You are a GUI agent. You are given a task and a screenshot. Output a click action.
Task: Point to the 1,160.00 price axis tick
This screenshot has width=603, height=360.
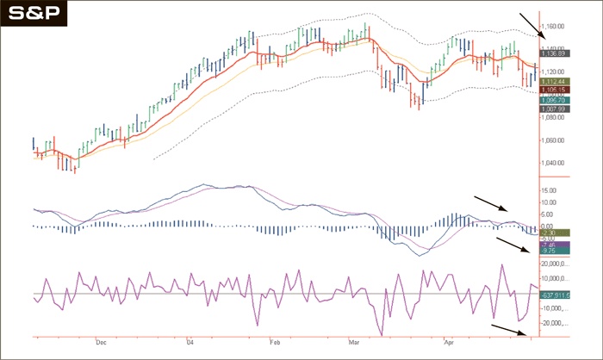[556, 28]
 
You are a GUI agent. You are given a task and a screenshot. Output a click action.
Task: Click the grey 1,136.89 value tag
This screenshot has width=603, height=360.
[553, 53]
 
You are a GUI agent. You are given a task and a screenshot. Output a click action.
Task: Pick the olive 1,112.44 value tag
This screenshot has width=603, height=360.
[553, 80]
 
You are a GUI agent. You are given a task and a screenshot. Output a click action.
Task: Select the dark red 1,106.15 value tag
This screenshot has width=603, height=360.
[553, 90]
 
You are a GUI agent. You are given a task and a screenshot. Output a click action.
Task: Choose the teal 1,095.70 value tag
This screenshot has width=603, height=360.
[553, 100]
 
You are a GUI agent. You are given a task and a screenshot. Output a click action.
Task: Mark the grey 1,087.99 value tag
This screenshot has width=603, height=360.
[553, 109]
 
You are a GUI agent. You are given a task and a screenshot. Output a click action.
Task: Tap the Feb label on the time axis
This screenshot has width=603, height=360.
[274, 341]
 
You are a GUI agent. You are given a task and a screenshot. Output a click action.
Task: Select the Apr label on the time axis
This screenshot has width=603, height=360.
[447, 341]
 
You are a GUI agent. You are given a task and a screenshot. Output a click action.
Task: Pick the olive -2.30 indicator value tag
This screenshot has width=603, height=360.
[548, 233]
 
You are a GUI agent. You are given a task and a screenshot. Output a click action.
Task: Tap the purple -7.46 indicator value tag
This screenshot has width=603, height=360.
[548, 245]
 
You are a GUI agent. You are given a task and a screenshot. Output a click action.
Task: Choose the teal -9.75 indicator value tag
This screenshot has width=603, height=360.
[548, 251]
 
